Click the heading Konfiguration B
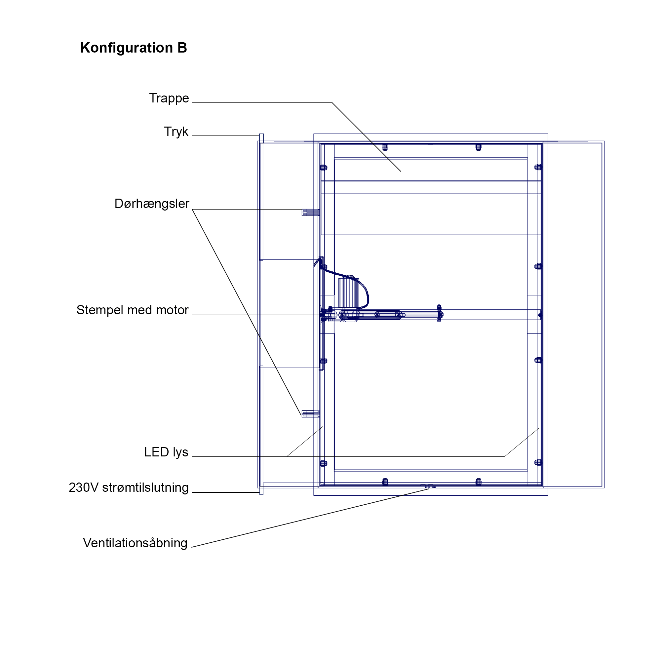(134, 48)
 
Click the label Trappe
(169, 98)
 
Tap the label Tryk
(176, 132)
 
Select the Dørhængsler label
(152, 204)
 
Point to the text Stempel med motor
(133, 310)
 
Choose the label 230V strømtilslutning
(129, 487)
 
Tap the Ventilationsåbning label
(135, 543)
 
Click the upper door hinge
(311, 213)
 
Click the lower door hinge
(311, 414)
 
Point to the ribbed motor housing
(348, 292)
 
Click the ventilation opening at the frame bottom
(430, 487)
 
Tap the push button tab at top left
(261, 138)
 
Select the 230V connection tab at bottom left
(261, 490)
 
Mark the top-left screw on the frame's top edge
(385, 147)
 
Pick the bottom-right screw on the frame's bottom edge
(479, 482)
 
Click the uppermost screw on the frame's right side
(538, 167)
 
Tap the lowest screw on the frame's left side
(323, 463)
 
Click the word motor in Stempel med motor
(173, 310)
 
